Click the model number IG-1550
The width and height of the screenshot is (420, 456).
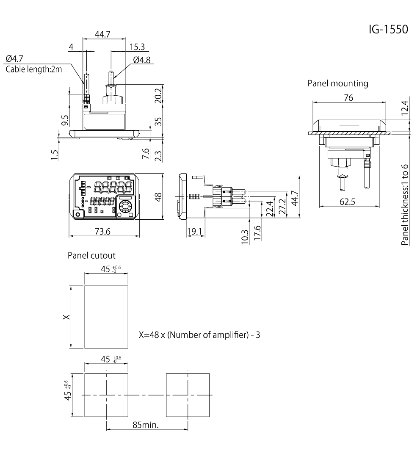388,30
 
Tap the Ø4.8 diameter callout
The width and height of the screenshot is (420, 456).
141,60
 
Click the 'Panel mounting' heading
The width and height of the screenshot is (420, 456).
337,83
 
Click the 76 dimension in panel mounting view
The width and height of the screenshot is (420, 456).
349,98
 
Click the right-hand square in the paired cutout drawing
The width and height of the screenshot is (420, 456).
188,395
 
